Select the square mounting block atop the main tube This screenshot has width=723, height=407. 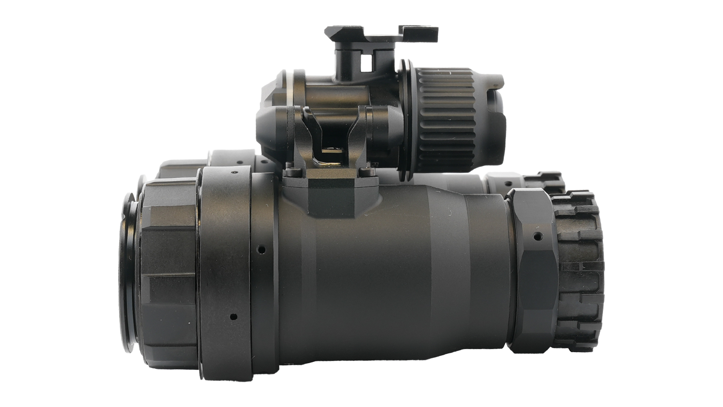click(331, 196)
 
